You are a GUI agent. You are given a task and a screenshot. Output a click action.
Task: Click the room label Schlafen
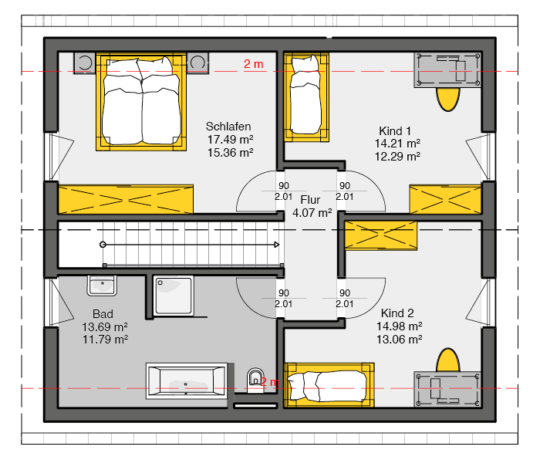(x=228, y=127)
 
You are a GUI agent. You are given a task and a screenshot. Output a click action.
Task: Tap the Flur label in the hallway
(x=310, y=199)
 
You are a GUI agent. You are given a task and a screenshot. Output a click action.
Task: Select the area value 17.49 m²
(x=230, y=140)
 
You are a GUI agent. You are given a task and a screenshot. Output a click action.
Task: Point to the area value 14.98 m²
(x=399, y=326)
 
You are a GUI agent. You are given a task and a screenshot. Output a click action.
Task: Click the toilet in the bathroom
(x=255, y=381)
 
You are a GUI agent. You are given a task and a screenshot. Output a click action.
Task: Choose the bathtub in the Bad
(x=187, y=381)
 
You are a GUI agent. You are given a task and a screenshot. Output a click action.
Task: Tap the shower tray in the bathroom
(x=173, y=296)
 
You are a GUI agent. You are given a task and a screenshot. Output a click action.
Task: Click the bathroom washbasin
(x=102, y=286)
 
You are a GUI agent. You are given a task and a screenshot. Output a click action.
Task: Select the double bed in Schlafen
(x=141, y=102)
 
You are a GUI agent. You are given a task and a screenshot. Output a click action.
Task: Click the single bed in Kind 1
(x=306, y=97)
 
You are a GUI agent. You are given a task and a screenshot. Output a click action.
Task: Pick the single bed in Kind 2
(x=329, y=385)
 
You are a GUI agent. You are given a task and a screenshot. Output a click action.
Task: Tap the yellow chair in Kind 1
(x=447, y=100)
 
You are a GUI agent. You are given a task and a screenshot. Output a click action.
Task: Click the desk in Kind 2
(x=447, y=389)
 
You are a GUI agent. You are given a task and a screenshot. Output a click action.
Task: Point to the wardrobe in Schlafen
(x=126, y=199)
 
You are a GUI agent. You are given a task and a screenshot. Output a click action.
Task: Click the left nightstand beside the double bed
(x=85, y=63)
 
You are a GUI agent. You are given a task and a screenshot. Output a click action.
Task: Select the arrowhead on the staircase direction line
(x=276, y=245)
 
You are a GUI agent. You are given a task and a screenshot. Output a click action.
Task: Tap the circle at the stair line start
(x=103, y=245)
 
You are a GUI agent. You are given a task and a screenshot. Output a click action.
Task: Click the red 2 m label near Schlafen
(x=254, y=64)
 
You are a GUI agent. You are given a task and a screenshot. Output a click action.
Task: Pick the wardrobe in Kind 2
(x=381, y=235)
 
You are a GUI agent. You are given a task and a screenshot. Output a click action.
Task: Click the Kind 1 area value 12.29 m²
(x=397, y=157)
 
